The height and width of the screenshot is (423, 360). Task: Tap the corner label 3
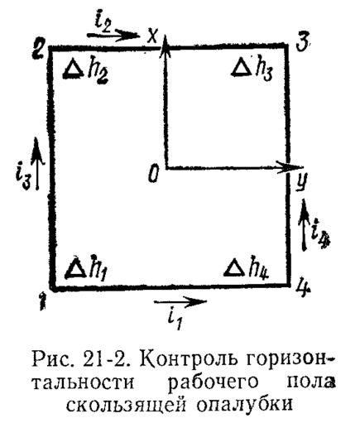(303, 43)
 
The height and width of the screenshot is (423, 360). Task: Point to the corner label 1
(42, 301)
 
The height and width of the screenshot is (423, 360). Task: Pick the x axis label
(152, 36)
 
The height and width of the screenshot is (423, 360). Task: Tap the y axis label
(300, 182)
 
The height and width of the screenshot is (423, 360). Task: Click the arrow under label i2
(113, 35)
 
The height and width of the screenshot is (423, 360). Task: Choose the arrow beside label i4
(305, 225)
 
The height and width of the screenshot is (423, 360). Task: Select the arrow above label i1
(180, 301)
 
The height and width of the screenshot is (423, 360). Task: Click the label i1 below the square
(175, 320)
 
